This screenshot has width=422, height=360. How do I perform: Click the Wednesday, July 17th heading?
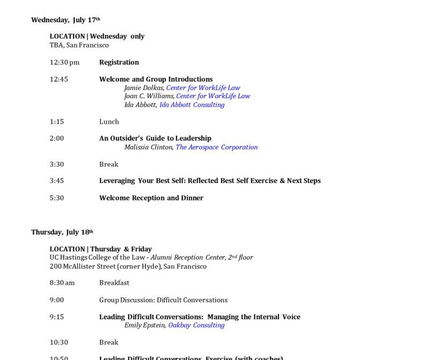[66, 20]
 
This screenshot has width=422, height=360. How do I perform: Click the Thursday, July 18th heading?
[62, 232]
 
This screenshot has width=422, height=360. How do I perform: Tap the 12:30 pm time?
[65, 62]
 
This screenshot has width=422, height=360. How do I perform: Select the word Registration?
[119, 62]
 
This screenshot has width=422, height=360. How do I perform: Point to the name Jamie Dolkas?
[144, 88]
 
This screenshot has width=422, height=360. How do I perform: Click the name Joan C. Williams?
[149, 97]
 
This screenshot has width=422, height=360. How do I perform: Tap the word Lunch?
[109, 122]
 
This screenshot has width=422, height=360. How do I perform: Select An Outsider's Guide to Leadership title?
[155, 139]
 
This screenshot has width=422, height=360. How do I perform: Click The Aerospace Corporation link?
[217, 147]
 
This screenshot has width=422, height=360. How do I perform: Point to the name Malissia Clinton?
[148, 147]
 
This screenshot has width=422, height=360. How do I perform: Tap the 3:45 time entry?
[57, 181]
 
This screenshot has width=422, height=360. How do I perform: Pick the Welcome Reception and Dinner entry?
[151, 198]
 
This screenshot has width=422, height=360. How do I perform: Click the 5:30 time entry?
[57, 198]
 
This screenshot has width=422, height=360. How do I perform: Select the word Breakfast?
[114, 283]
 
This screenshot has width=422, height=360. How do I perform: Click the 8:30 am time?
[62, 283]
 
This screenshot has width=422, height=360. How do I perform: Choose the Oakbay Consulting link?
[196, 325]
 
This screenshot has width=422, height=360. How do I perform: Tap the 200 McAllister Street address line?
[128, 266]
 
